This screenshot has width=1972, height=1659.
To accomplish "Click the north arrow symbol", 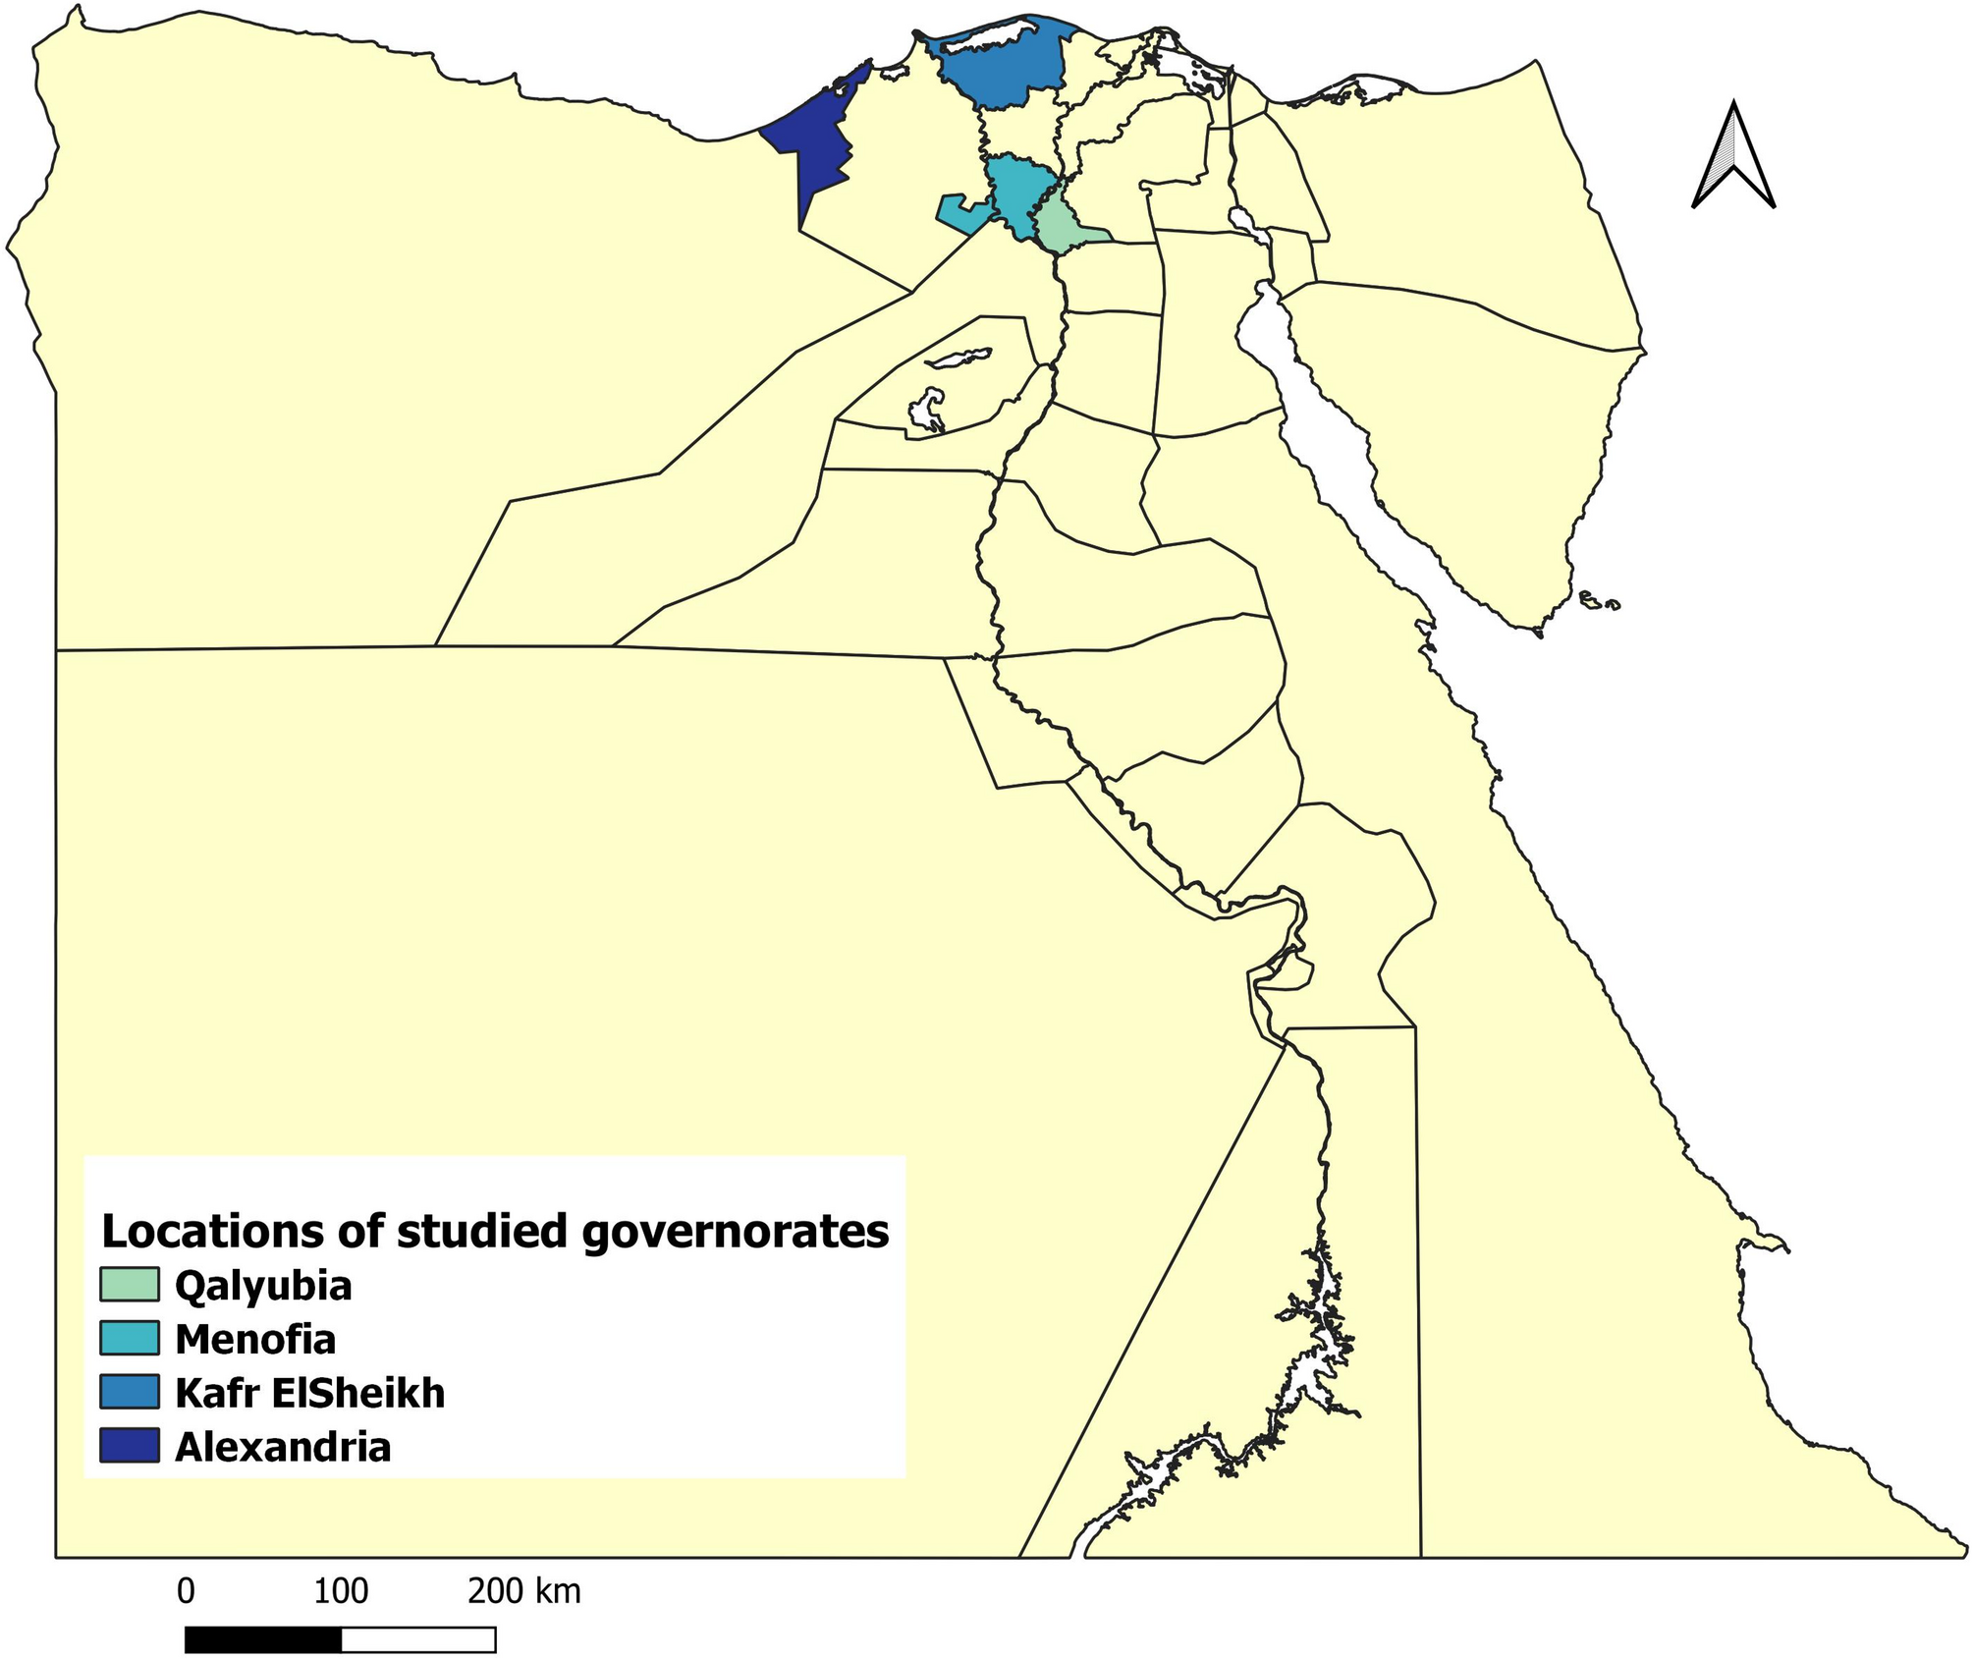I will click(1733, 157).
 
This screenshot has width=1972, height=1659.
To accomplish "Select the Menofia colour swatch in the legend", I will click(129, 1338).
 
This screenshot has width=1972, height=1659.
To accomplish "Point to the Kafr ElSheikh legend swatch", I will click(129, 1392).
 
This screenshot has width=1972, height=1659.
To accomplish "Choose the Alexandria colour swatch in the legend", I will click(129, 1446).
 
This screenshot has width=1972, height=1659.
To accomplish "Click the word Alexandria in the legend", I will click(283, 1447).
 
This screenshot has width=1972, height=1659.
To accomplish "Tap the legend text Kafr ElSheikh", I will click(309, 1393).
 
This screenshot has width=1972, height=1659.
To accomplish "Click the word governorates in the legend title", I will click(736, 1232).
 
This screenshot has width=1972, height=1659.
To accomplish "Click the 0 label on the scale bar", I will click(186, 1590).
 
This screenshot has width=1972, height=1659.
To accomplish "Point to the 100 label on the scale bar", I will click(341, 1590).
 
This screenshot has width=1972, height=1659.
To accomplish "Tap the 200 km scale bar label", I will click(523, 1590).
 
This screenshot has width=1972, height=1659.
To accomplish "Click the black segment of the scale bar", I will click(263, 1639).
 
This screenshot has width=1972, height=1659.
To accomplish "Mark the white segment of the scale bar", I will click(418, 1639).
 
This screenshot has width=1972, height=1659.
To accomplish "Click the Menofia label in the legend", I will click(255, 1339).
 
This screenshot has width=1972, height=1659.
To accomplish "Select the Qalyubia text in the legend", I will click(263, 1286).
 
